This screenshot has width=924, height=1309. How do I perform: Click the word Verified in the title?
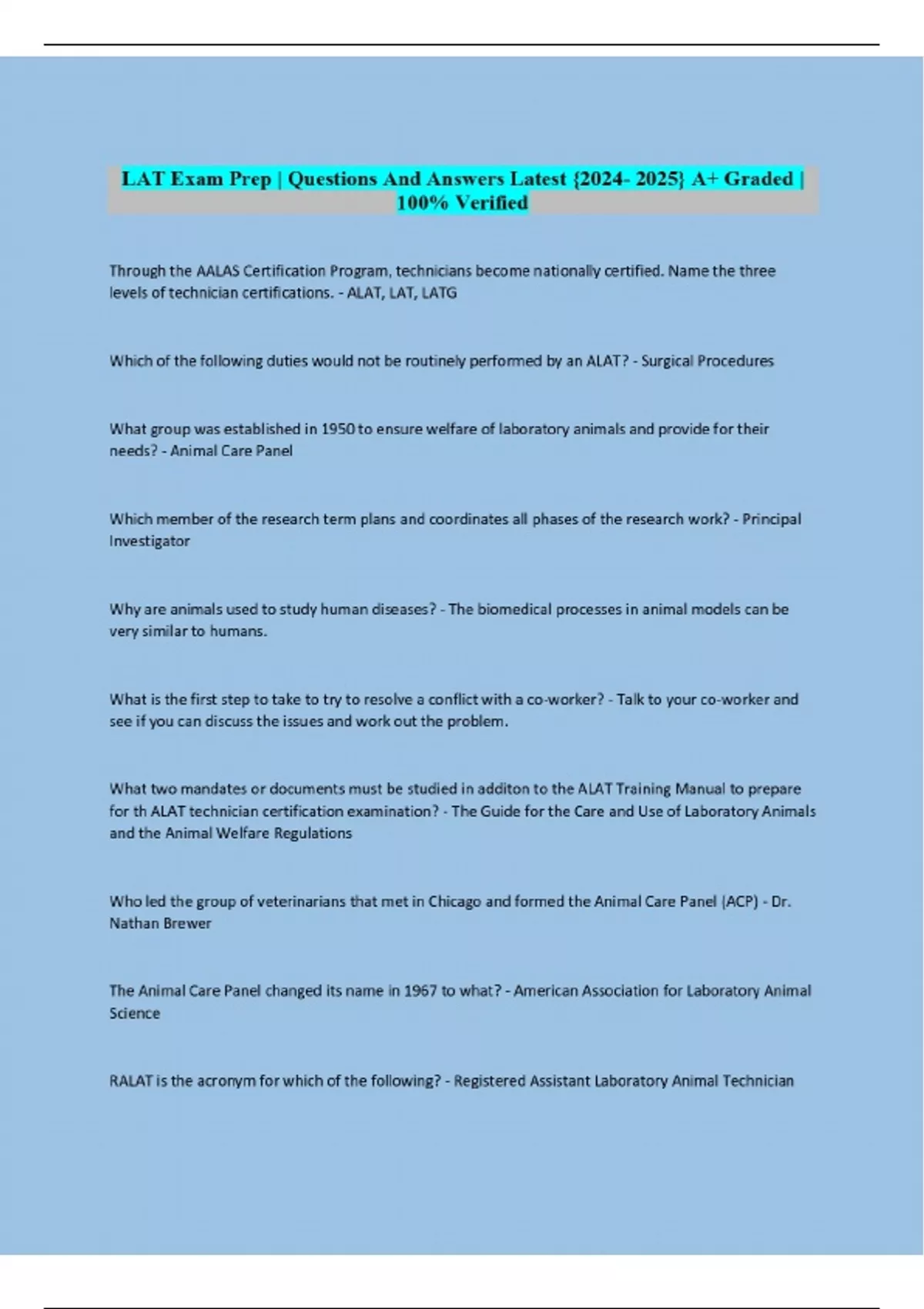click(491, 203)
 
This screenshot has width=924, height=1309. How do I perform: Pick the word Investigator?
click(149, 541)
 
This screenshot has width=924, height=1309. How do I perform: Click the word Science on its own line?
click(135, 1013)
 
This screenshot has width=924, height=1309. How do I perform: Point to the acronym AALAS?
click(218, 271)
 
